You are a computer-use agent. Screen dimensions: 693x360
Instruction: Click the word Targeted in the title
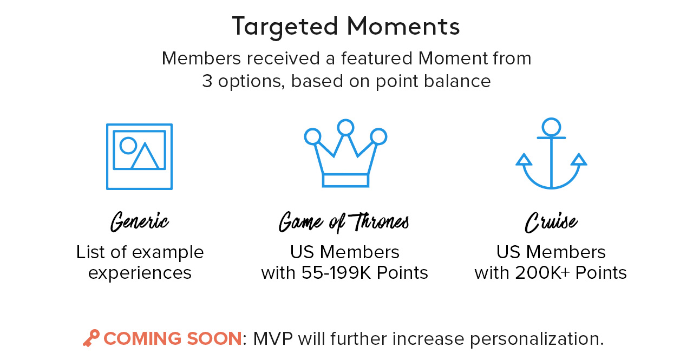285,28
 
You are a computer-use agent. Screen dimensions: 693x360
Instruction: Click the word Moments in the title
403,27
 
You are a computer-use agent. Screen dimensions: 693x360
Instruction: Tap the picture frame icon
139,156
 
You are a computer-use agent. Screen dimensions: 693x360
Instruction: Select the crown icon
345,153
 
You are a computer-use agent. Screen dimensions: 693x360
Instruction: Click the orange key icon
91,338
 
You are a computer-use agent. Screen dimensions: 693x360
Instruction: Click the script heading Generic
140,222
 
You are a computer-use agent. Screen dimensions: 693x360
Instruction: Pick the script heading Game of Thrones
344,222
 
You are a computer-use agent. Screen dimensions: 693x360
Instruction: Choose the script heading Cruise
551,222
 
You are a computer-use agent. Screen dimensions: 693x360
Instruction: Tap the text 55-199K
336,273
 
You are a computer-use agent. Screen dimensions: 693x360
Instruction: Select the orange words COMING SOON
172,338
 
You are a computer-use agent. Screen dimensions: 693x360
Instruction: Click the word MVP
273,338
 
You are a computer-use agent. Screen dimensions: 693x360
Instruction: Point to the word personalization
537,339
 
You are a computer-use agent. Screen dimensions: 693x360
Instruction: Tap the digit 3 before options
207,81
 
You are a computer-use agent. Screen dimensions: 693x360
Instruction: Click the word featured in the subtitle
377,58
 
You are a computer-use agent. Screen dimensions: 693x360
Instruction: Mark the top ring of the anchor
551,127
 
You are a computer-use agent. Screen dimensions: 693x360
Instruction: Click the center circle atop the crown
345,127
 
